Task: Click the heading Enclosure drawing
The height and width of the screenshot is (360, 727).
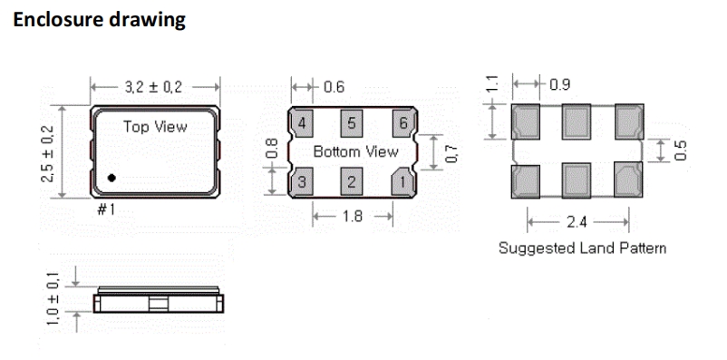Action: [x=100, y=20]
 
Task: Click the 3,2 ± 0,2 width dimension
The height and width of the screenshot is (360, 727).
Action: [x=155, y=87]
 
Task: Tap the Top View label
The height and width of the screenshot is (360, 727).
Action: [x=155, y=127]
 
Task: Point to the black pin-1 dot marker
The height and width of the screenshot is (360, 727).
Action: [x=111, y=178]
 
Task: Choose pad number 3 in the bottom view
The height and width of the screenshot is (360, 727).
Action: [x=302, y=182]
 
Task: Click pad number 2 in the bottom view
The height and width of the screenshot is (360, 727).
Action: [x=352, y=182]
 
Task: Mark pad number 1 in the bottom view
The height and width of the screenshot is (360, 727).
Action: [x=401, y=182]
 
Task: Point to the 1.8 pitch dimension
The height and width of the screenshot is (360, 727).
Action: [x=353, y=218]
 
